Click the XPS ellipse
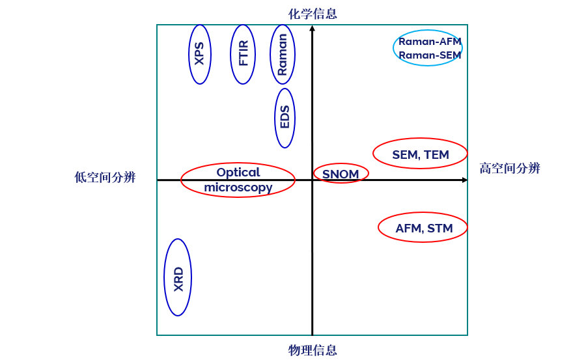point(200,54)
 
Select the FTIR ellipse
point(243,54)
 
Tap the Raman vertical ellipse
point(283,54)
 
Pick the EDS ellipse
point(285,118)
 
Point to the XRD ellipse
point(178,278)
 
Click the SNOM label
point(341,174)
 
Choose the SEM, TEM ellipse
point(420,154)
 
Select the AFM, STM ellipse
point(423,228)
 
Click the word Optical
point(238,173)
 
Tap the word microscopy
point(238,187)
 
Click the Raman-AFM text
point(430,42)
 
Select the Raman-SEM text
point(430,55)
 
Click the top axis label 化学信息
point(313,14)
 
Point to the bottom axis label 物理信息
point(313,350)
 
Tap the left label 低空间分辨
point(105,177)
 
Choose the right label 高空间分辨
point(510,169)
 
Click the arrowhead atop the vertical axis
point(313,28)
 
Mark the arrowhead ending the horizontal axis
point(464,180)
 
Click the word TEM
point(436,155)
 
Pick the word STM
point(439,228)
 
